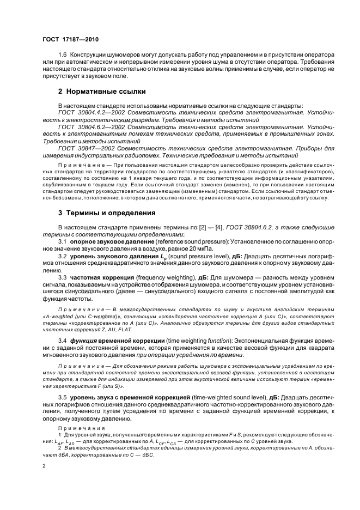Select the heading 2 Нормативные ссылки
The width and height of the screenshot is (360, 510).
pyautogui.click(x=101, y=91)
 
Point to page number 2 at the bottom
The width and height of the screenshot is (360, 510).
pyautogui.click(x=44, y=466)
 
